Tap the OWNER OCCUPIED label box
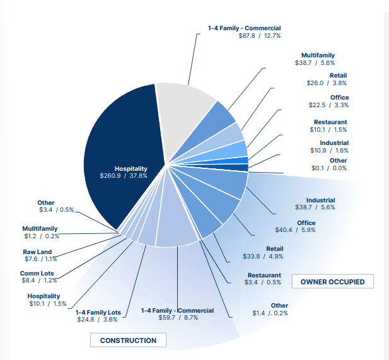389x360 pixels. point(332,281)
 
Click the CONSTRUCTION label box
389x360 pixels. point(128,340)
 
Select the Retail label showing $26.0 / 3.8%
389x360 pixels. point(338,76)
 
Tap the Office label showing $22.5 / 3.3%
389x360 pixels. point(337,98)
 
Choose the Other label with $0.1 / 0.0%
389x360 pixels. point(338,161)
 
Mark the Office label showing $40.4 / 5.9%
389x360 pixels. point(306,223)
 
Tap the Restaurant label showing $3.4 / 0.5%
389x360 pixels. point(264,276)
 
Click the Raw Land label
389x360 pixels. point(37,252)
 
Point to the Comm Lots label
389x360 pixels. point(37,274)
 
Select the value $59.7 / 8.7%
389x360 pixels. point(178,318)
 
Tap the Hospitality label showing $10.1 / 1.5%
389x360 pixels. point(44,296)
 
